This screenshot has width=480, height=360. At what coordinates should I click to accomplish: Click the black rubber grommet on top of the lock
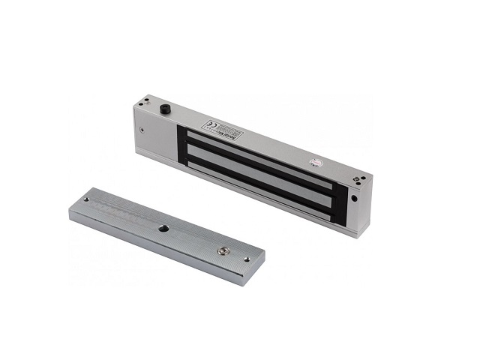[x=163, y=110]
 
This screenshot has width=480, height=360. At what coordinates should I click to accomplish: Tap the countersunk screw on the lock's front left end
[x=143, y=129]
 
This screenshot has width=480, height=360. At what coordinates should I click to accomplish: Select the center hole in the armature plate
[x=162, y=226]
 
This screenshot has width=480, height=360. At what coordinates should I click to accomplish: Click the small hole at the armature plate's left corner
[x=86, y=199]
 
